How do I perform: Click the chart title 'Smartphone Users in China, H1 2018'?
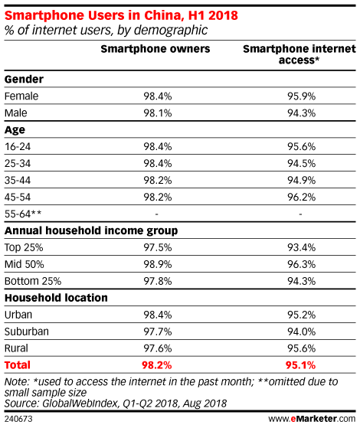pyautogui.click(x=121, y=15)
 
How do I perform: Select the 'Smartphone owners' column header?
pyautogui.click(x=155, y=49)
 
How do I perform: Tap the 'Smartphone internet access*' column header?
pyautogui.click(x=299, y=54)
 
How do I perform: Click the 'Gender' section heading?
pyautogui.click(x=24, y=80)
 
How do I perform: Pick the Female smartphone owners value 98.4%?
pyautogui.click(x=158, y=96)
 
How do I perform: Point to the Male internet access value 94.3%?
pyautogui.click(x=301, y=113)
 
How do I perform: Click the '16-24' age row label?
pyautogui.click(x=18, y=146)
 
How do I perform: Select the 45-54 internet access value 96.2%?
pyautogui.click(x=301, y=197)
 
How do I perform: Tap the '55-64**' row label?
pyautogui.click(x=23, y=214)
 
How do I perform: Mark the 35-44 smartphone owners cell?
pyautogui.click(x=158, y=180)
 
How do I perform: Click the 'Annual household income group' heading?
pyautogui.click(x=91, y=231)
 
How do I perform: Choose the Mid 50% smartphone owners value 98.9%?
pyautogui.click(x=158, y=264)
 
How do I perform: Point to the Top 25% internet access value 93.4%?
pyautogui.click(x=301, y=247)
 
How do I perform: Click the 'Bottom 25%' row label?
pyautogui.click(x=33, y=281)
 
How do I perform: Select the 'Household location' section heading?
pyautogui.click(x=56, y=298)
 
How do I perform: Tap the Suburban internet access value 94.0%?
pyautogui.click(x=301, y=332)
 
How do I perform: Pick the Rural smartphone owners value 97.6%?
pyautogui.click(x=158, y=348)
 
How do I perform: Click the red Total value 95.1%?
pyautogui.click(x=300, y=365)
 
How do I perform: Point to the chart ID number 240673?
pyautogui.click(x=18, y=419)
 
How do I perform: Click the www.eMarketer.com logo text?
pyautogui.click(x=312, y=419)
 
